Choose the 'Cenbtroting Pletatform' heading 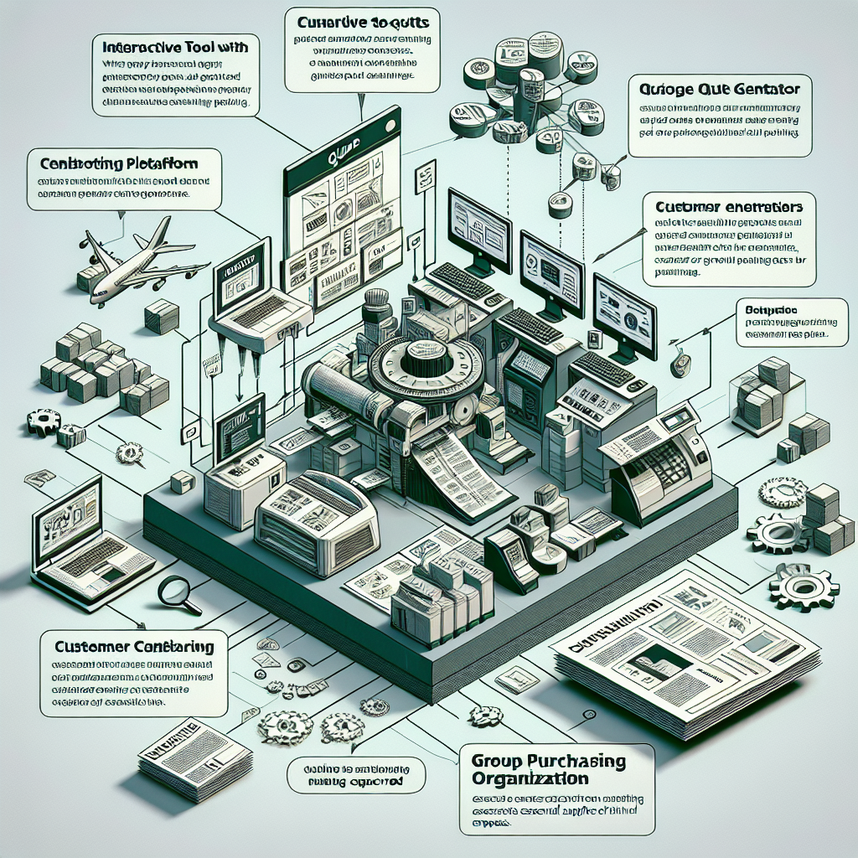[x=113, y=161]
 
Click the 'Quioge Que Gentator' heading [x=719, y=88]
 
